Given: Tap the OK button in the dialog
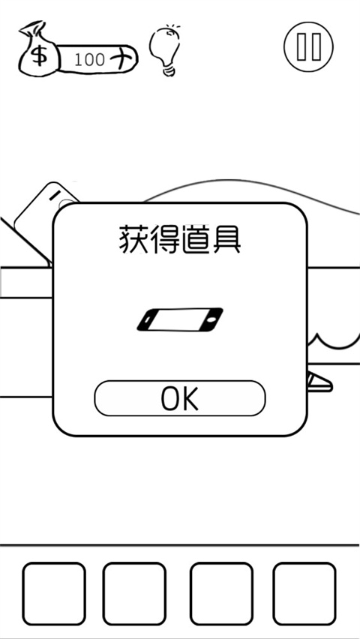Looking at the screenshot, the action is [180, 398].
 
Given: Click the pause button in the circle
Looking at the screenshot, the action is [308, 46].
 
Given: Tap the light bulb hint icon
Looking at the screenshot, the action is [164, 50].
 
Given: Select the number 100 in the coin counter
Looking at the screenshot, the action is [90, 60].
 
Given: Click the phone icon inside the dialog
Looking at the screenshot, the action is [180, 319].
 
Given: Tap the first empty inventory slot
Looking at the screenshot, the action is [54, 593].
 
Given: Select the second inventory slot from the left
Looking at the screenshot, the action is [134, 593].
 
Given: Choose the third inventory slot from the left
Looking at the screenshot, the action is [221, 593].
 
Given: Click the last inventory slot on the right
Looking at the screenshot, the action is [304, 593].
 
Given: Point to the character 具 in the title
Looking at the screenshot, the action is [226, 241].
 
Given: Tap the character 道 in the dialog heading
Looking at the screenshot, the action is [194, 241].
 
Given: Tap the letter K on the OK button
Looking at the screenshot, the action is [190, 398].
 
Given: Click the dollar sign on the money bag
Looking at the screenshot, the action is [39, 55].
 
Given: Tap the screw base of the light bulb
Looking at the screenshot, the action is [169, 71].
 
